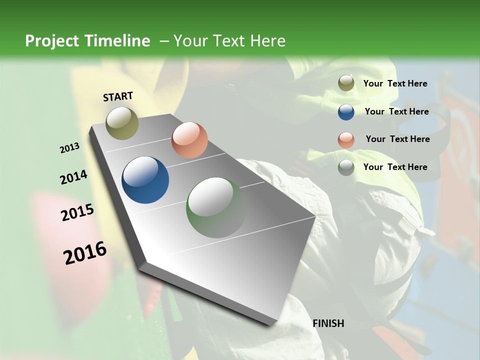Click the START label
coord(118,96)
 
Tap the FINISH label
coord(328,323)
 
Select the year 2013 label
coord(70,148)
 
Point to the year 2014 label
coord(73,177)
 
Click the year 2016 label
coord(85,253)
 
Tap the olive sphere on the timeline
coord(122,123)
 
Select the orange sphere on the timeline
coord(189,140)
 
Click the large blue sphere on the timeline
coord(145,180)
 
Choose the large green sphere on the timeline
coord(216,207)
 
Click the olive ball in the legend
coord(346,83)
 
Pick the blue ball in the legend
coord(346,112)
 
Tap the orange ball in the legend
coord(346,140)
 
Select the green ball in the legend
coord(346,167)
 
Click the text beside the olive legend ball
coord(395,83)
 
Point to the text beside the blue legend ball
coord(396,111)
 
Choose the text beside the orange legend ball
coord(397,139)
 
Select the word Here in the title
coord(267,41)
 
